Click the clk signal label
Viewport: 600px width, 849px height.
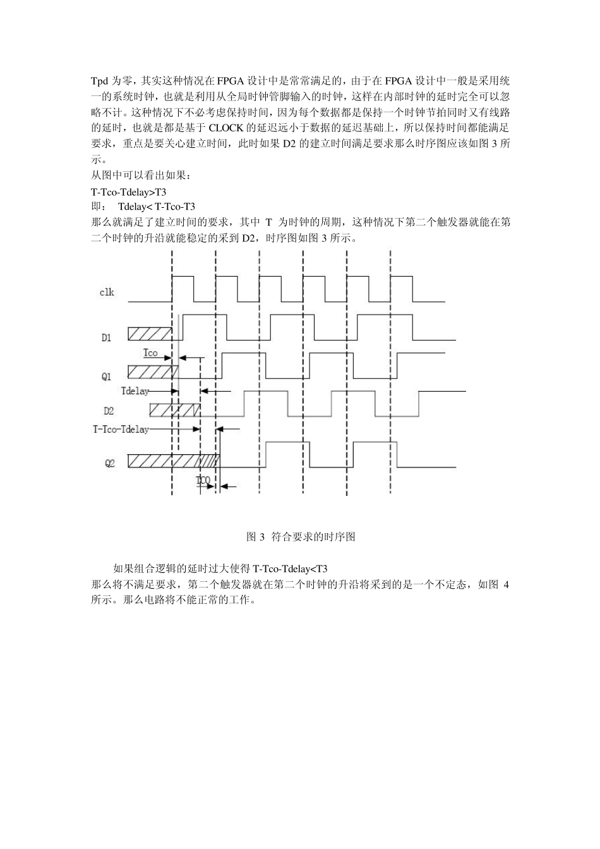107,292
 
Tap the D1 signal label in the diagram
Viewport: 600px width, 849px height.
106,338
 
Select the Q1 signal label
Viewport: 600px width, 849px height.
106,376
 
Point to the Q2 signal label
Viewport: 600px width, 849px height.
110,463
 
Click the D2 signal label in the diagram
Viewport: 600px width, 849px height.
109,411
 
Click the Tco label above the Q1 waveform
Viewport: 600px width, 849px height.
150,353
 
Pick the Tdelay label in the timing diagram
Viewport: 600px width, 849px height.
135,391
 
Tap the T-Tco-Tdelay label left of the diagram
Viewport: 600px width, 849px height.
121,430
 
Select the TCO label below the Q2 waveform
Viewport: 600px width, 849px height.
203,481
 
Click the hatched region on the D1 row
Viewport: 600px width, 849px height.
150,334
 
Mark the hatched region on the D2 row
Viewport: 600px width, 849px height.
174,410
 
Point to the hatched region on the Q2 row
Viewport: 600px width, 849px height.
174,461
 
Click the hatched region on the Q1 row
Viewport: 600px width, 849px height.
153,371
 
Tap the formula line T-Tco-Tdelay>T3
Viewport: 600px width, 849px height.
129,191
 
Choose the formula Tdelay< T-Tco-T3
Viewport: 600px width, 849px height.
156,207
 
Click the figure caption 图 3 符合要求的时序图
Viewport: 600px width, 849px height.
300,537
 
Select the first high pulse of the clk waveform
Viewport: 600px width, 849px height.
183,277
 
